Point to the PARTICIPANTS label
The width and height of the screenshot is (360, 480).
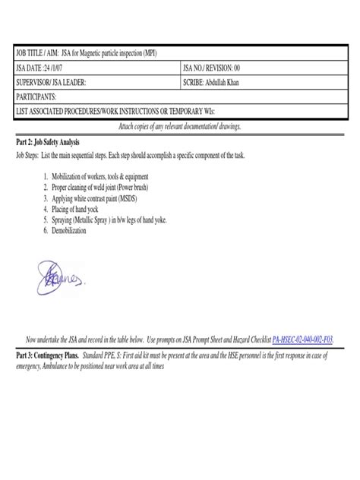[x=38, y=96]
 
